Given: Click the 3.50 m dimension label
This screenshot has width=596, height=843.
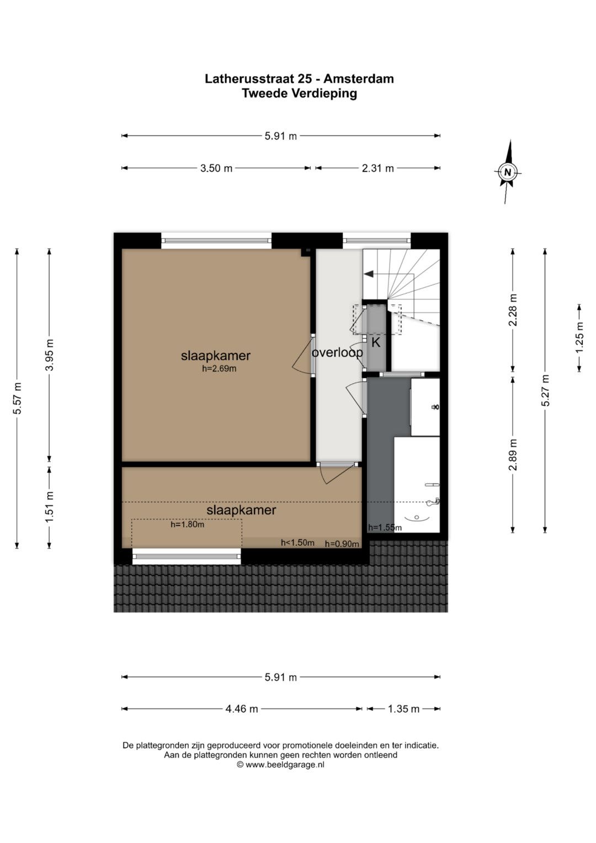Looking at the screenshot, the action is pos(216,168).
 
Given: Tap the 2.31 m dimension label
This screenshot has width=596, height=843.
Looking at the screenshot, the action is pos(378,168).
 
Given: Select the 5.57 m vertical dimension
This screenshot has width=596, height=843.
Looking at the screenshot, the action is pos(17,398).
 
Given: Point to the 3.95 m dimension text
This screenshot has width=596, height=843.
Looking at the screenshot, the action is pos(50,355).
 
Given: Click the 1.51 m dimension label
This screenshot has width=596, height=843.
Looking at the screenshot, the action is pos(50,507).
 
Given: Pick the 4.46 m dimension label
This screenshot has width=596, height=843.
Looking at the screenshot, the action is pos(242,709).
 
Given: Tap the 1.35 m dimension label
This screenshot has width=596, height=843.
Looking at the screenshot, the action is pos(403,709).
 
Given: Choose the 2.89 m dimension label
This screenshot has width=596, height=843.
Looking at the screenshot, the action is pos(513,454).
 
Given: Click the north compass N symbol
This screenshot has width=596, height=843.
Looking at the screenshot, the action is pos(508,172).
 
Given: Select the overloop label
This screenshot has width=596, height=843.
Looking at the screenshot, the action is pos(337,353).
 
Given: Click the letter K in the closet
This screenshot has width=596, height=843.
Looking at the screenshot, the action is pos(376,343).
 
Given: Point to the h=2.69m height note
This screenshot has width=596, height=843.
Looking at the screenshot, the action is pos(220,368).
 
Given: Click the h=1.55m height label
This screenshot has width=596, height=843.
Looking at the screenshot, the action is pos(385,528).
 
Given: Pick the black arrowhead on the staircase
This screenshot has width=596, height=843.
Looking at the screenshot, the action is pos(369,274).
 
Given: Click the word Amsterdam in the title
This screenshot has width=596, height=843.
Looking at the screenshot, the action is pos(359,78).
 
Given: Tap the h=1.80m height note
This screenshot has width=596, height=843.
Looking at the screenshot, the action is pos(188,524).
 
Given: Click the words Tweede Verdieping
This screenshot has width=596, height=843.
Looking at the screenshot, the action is pos(299,93).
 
